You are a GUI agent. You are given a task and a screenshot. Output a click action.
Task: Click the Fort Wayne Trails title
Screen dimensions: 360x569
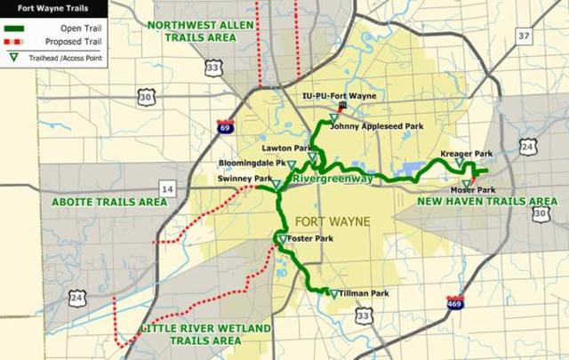click(33, 7)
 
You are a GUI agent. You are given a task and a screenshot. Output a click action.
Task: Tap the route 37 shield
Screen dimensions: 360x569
click(523, 36)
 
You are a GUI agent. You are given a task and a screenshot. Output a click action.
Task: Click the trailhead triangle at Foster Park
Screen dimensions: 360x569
click(282, 240)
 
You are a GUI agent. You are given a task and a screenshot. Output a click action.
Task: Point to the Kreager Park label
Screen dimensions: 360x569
click(466, 155)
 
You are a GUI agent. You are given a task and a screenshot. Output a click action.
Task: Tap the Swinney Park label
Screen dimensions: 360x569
click(244, 180)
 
